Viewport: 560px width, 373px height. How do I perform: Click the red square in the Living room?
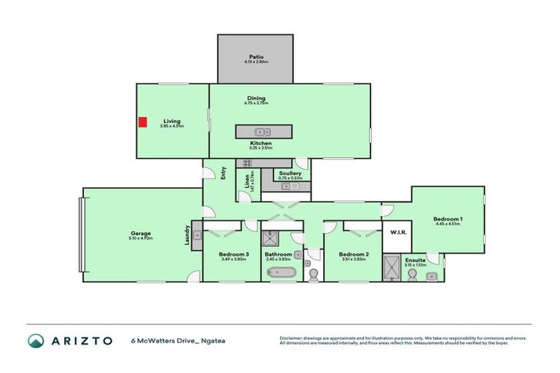coord(143,122)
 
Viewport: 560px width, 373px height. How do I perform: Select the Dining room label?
coord(255,98)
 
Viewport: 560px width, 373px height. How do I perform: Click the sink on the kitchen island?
coord(264,132)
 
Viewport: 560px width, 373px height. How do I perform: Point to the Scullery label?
coord(289,173)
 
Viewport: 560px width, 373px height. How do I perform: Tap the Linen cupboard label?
coord(247,181)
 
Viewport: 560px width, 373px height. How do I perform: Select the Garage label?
coord(141,233)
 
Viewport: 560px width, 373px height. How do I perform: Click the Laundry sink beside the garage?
coord(196,240)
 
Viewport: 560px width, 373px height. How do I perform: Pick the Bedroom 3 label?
coord(234,254)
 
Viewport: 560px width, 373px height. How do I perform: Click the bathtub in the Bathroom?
coord(281,273)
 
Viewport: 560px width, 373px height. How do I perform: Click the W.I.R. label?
coord(398,232)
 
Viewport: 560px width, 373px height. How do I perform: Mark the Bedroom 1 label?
coord(448,219)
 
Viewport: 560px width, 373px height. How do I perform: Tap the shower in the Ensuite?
coord(392,267)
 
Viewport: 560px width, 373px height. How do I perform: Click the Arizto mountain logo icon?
coord(35,340)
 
